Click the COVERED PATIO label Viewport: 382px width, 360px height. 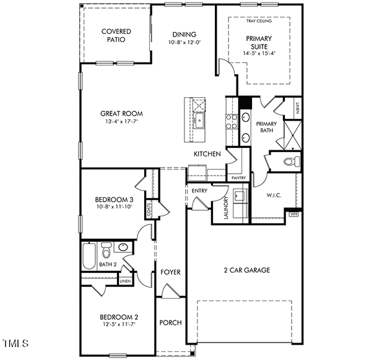click(x=116, y=35)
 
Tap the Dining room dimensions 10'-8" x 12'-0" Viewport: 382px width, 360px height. click(x=184, y=43)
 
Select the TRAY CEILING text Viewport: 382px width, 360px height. click(x=259, y=21)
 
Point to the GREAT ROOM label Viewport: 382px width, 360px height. click(x=121, y=113)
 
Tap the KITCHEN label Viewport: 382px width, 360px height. click(x=207, y=153)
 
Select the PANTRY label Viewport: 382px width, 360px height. click(x=238, y=178)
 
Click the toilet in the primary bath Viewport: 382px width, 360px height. click(x=290, y=162)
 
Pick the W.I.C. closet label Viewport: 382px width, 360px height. click(x=274, y=195)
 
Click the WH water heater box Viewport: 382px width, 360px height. click(x=293, y=214)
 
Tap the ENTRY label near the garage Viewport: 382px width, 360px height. click(x=199, y=191)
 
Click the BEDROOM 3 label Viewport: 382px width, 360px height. click(x=114, y=199)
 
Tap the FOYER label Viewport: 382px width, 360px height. click(x=170, y=272)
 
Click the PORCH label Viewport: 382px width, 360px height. click(x=170, y=323)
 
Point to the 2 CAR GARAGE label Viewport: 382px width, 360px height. click(x=246, y=270)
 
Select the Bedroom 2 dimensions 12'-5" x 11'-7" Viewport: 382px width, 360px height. click(x=117, y=324)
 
